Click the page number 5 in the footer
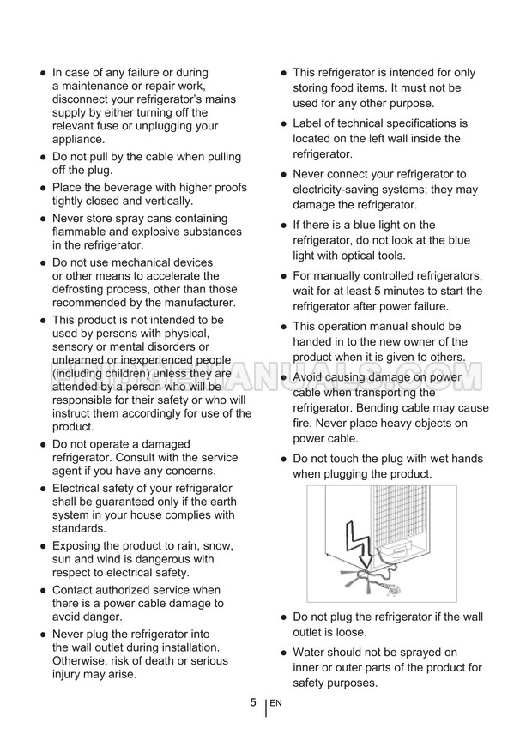(253, 702)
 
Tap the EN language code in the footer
(275, 703)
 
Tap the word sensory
(76, 346)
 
